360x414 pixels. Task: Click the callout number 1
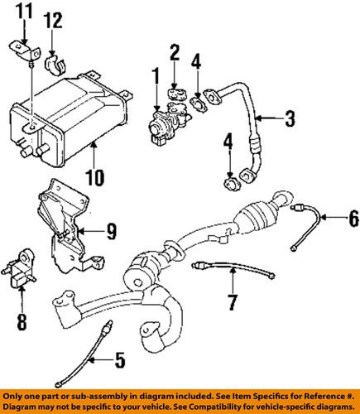pyautogui.click(x=155, y=79)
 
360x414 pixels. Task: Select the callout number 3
pyautogui.click(x=289, y=119)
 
